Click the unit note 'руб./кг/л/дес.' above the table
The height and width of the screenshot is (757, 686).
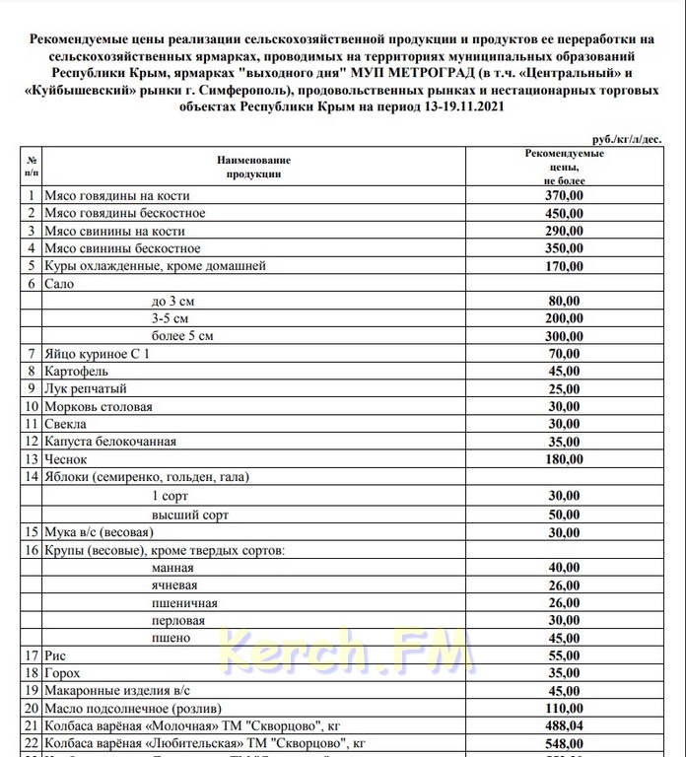pyautogui.click(x=627, y=141)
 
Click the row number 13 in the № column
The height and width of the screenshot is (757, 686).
pyautogui.click(x=32, y=459)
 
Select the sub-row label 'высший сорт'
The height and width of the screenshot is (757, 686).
pyautogui.click(x=184, y=514)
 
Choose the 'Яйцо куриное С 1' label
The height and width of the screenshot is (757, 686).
pyautogui.click(x=95, y=354)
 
